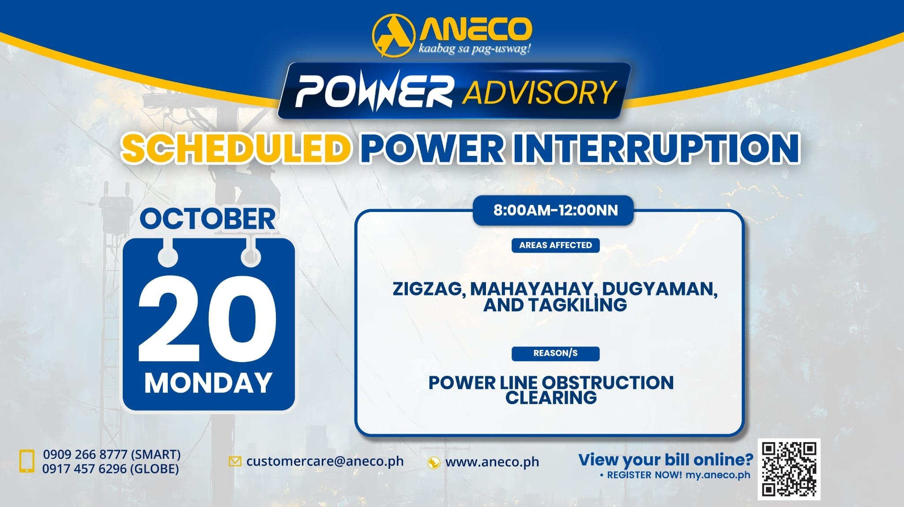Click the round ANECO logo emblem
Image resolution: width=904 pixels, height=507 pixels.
point(394,36)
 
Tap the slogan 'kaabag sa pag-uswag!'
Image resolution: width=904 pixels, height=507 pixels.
point(475,48)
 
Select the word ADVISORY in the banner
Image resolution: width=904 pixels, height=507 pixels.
point(539,92)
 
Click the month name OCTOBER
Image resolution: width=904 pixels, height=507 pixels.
point(207,219)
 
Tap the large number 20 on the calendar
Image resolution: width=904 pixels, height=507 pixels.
point(207,319)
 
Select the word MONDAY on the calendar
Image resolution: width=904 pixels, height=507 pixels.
point(208,383)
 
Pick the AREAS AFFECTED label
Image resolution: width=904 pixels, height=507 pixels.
point(555,245)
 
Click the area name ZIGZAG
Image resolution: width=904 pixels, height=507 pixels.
point(427,289)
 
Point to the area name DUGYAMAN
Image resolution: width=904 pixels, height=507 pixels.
point(659,289)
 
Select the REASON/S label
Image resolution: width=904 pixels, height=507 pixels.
point(555,353)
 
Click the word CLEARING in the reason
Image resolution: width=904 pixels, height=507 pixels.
point(551,398)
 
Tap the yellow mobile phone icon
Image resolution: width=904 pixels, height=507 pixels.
point(27,461)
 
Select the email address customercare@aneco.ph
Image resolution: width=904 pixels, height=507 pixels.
point(325,461)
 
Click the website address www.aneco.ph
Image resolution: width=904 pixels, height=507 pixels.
point(492,462)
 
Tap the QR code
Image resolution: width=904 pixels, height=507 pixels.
point(789,469)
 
